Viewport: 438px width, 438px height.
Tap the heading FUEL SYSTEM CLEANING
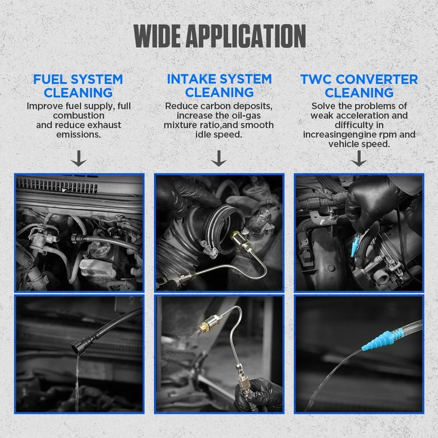78,85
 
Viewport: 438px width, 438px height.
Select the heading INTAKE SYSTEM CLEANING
218,85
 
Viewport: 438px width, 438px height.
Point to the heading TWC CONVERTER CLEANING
359,85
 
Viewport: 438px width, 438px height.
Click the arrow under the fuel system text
79,159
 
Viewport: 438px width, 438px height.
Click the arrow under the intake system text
219,159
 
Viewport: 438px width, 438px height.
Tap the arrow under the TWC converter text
359,159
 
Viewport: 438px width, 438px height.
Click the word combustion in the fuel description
79,116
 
